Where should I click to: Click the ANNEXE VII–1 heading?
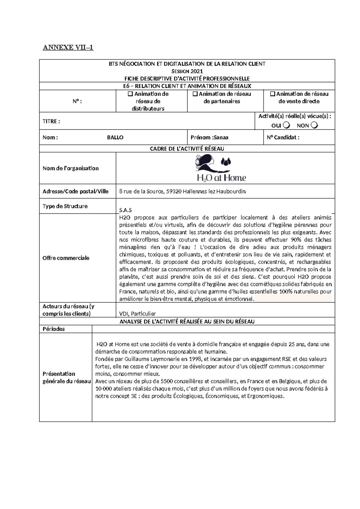[68, 47]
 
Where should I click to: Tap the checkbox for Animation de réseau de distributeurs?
[130, 94]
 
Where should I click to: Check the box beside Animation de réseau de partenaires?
[195, 94]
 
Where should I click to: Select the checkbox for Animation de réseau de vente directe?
[272, 94]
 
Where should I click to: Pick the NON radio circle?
[314, 125]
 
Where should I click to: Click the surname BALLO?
[115, 137]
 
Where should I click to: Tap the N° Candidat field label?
[283, 137]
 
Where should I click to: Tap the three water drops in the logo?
[226, 162]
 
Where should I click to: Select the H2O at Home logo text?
[221, 178]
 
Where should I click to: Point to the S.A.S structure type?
[125, 210]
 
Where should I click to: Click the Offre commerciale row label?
[66, 258]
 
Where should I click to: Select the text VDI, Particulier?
[137, 314]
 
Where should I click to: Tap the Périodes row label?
[54, 329]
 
